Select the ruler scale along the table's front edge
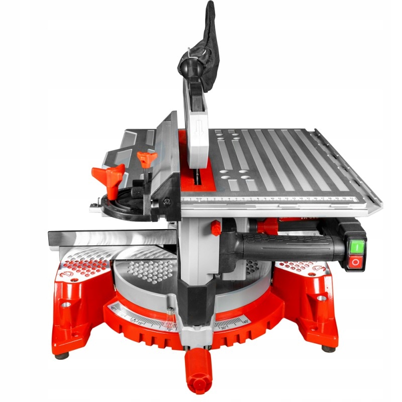click(x=276, y=199)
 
